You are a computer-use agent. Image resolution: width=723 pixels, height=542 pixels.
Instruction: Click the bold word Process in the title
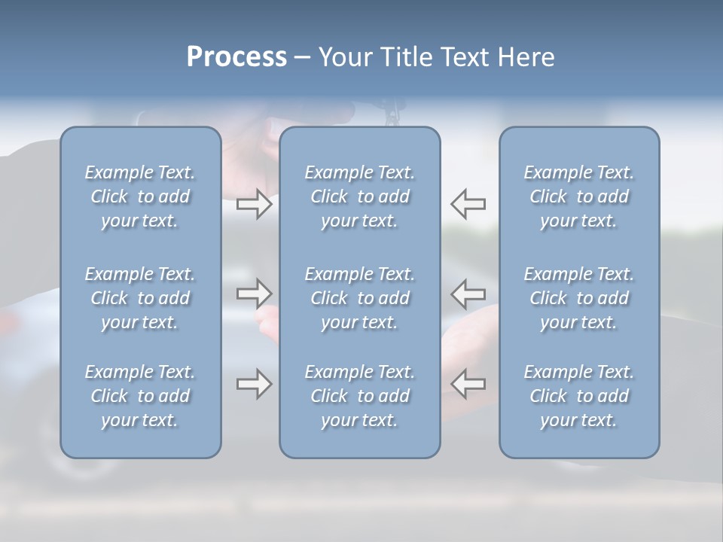[236, 57]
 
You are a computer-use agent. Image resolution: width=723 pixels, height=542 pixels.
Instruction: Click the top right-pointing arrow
[254, 203]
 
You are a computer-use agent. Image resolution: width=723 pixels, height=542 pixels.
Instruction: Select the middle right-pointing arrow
[254, 294]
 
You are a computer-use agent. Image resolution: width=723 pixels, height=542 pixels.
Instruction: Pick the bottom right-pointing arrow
[254, 383]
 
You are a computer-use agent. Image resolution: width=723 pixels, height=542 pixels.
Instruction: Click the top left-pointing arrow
[468, 203]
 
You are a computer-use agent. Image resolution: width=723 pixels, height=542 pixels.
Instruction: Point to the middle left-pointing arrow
[468, 294]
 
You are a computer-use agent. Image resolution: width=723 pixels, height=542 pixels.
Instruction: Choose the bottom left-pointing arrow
[468, 383]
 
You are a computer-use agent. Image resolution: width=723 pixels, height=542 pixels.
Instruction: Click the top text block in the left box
[140, 196]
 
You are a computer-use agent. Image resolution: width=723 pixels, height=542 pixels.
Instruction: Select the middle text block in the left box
[140, 298]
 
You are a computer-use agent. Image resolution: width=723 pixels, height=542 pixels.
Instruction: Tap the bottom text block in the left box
[140, 396]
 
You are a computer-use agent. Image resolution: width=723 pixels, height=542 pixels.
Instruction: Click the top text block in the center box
[360, 196]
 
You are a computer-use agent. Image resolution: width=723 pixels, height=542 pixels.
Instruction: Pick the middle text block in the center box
[360, 298]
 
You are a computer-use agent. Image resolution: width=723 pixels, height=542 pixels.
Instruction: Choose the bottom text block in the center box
[360, 396]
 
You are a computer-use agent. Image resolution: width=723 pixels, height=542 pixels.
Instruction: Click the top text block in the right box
[579, 196]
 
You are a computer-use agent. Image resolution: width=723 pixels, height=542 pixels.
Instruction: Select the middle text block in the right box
[579, 298]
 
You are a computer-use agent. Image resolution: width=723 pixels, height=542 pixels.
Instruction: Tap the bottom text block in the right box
[579, 396]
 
